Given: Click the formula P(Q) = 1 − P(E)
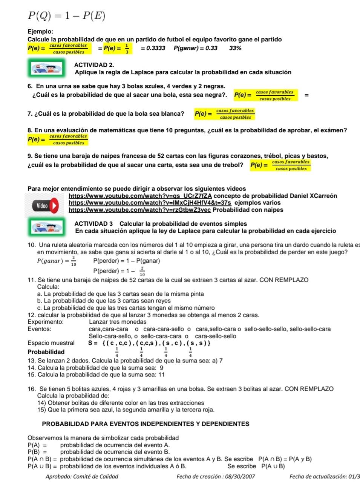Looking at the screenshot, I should pos(66,16).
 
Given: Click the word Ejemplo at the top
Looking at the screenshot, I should pos(40,32).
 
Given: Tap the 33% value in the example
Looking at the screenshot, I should pos(235,48).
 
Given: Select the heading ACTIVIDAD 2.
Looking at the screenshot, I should pos(94,65).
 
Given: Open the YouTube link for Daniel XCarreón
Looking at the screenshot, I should pos(140,196).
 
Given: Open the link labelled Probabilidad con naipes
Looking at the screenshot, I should pos(139,210).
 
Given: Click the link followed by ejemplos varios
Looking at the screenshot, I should pos(150,203).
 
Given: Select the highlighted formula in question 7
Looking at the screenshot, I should pos(225,114).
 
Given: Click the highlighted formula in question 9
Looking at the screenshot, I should pos(280,165).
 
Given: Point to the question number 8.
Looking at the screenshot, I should pos(30,130).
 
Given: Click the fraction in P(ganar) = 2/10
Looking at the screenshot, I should pos(74,261).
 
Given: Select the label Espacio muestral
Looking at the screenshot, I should pos(51,343).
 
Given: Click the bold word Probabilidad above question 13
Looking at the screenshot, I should pos(46,352).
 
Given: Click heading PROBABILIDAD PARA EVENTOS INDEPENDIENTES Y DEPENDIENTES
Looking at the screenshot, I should pos(146,424).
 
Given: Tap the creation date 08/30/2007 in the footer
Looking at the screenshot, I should pos(240,477).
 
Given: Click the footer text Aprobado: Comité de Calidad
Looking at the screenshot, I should pos(82,477).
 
